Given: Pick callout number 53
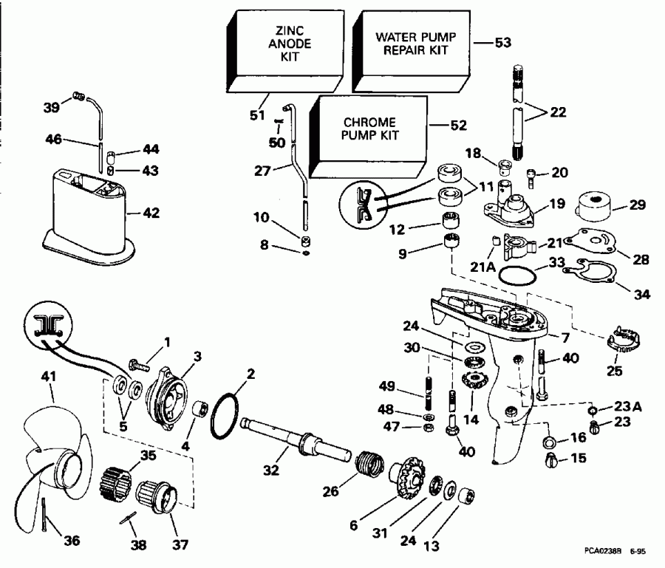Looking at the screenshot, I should (502, 43).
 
